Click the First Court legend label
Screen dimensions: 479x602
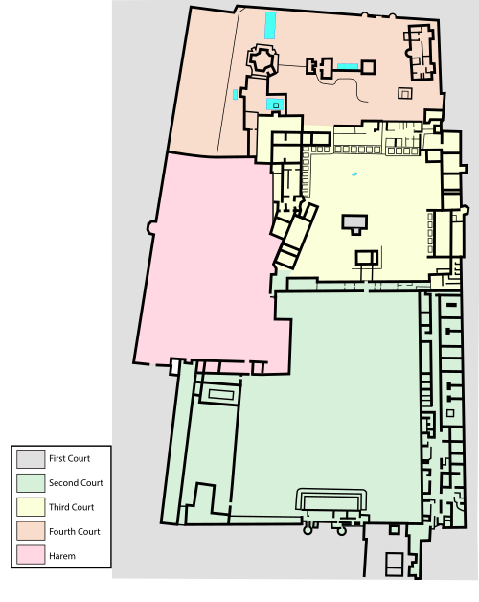(x=70, y=458)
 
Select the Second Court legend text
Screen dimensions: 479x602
(x=76, y=482)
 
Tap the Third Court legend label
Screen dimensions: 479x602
(x=72, y=507)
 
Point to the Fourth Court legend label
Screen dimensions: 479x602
(x=75, y=532)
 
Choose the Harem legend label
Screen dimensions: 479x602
(x=62, y=556)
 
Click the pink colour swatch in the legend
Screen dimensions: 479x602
(x=31, y=555)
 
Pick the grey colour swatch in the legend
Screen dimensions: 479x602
(x=31, y=459)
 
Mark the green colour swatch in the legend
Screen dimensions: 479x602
(x=31, y=483)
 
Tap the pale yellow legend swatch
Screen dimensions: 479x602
(x=31, y=507)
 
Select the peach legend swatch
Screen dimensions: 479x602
(x=31, y=531)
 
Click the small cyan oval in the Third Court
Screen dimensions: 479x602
(x=354, y=174)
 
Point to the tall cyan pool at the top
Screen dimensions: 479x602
(x=270, y=25)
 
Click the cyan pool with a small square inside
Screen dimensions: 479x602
(x=275, y=104)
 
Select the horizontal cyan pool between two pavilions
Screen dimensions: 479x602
(x=348, y=66)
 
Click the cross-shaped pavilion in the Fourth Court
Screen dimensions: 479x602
(x=262, y=60)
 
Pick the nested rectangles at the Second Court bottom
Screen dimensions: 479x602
(x=331, y=499)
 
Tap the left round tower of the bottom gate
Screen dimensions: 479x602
(x=308, y=530)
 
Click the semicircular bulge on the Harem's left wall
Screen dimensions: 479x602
(x=150, y=228)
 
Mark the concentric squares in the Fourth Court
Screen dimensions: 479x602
(x=405, y=93)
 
